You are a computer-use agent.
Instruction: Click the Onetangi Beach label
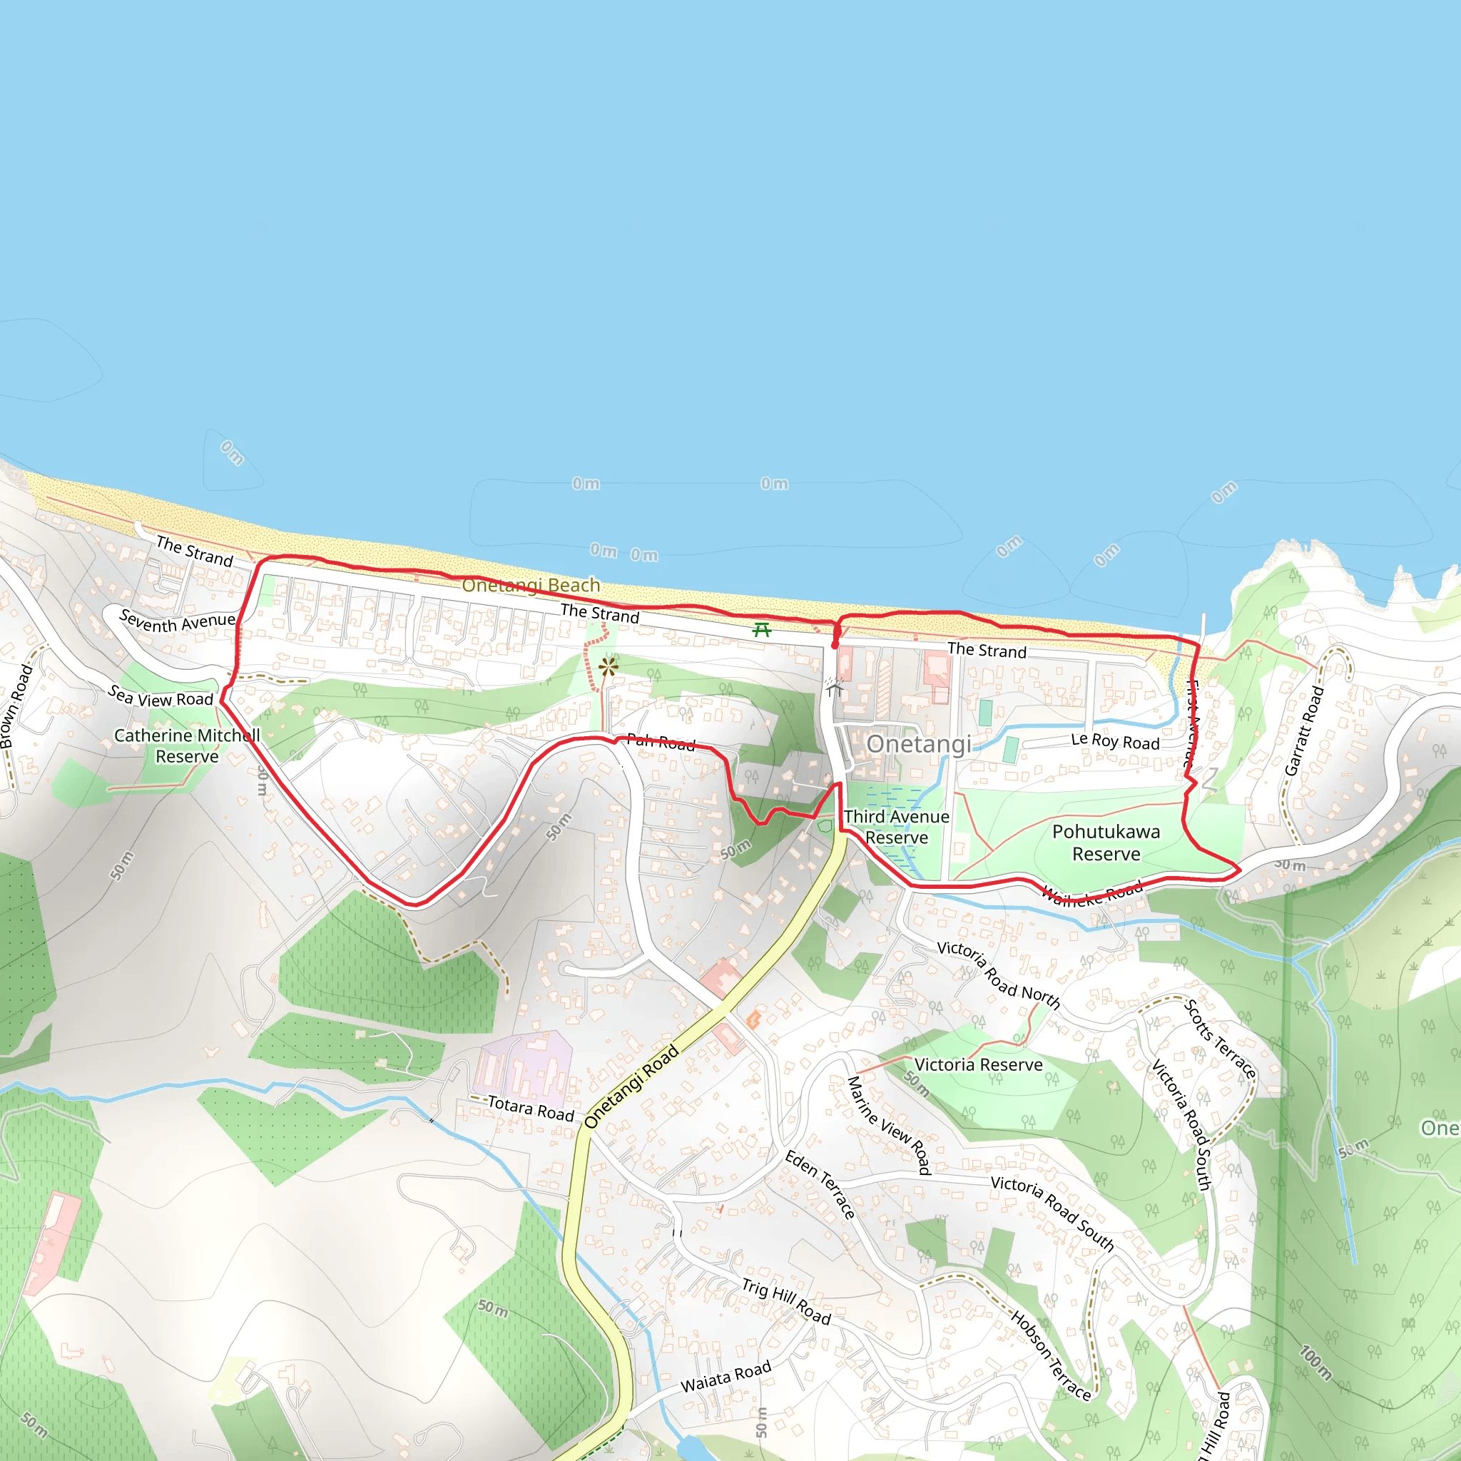pyautogui.click(x=531, y=585)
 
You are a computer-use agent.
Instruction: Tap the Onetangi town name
pyautogui.click(x=919, y=744)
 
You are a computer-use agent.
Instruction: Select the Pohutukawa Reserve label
pyautogui.click(x=1106, y=843)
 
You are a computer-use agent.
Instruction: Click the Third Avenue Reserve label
pyautogui.click(x=897, y=827)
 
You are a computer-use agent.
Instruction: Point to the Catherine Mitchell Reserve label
pyautogui.click(x=187, y=745)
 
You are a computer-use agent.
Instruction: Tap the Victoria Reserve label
pyautogui.click(x=979, y=1065)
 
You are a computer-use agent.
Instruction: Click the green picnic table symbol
pyautogui.click(x=761, y=630)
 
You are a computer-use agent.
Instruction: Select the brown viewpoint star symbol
pyautogui.click(x=608, y=667)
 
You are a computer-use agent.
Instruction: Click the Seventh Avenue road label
pyautogui.click(x=178, y=621)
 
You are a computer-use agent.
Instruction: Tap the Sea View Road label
pyautogui.click(x=161, y=696)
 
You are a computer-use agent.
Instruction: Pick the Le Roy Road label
pyautogui.click(x=1116, y=741)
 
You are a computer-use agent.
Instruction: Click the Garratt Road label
pyautogui.click(x=1305, y=730)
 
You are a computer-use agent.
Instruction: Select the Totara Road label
pyautogui.click(x=531, y=1109)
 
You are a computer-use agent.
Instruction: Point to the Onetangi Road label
pyautogui.click(x=631, y=1086)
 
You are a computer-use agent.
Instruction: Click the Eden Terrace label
pyautogui.click(x=820, y=1184)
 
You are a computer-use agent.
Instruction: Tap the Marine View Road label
pyautogui.click(x=889, y=1125)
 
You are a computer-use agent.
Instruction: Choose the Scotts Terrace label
pyautogui.click(x=1220, y=1039)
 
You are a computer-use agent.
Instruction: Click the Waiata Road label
pyautogui.click(x=726, y=1376)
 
